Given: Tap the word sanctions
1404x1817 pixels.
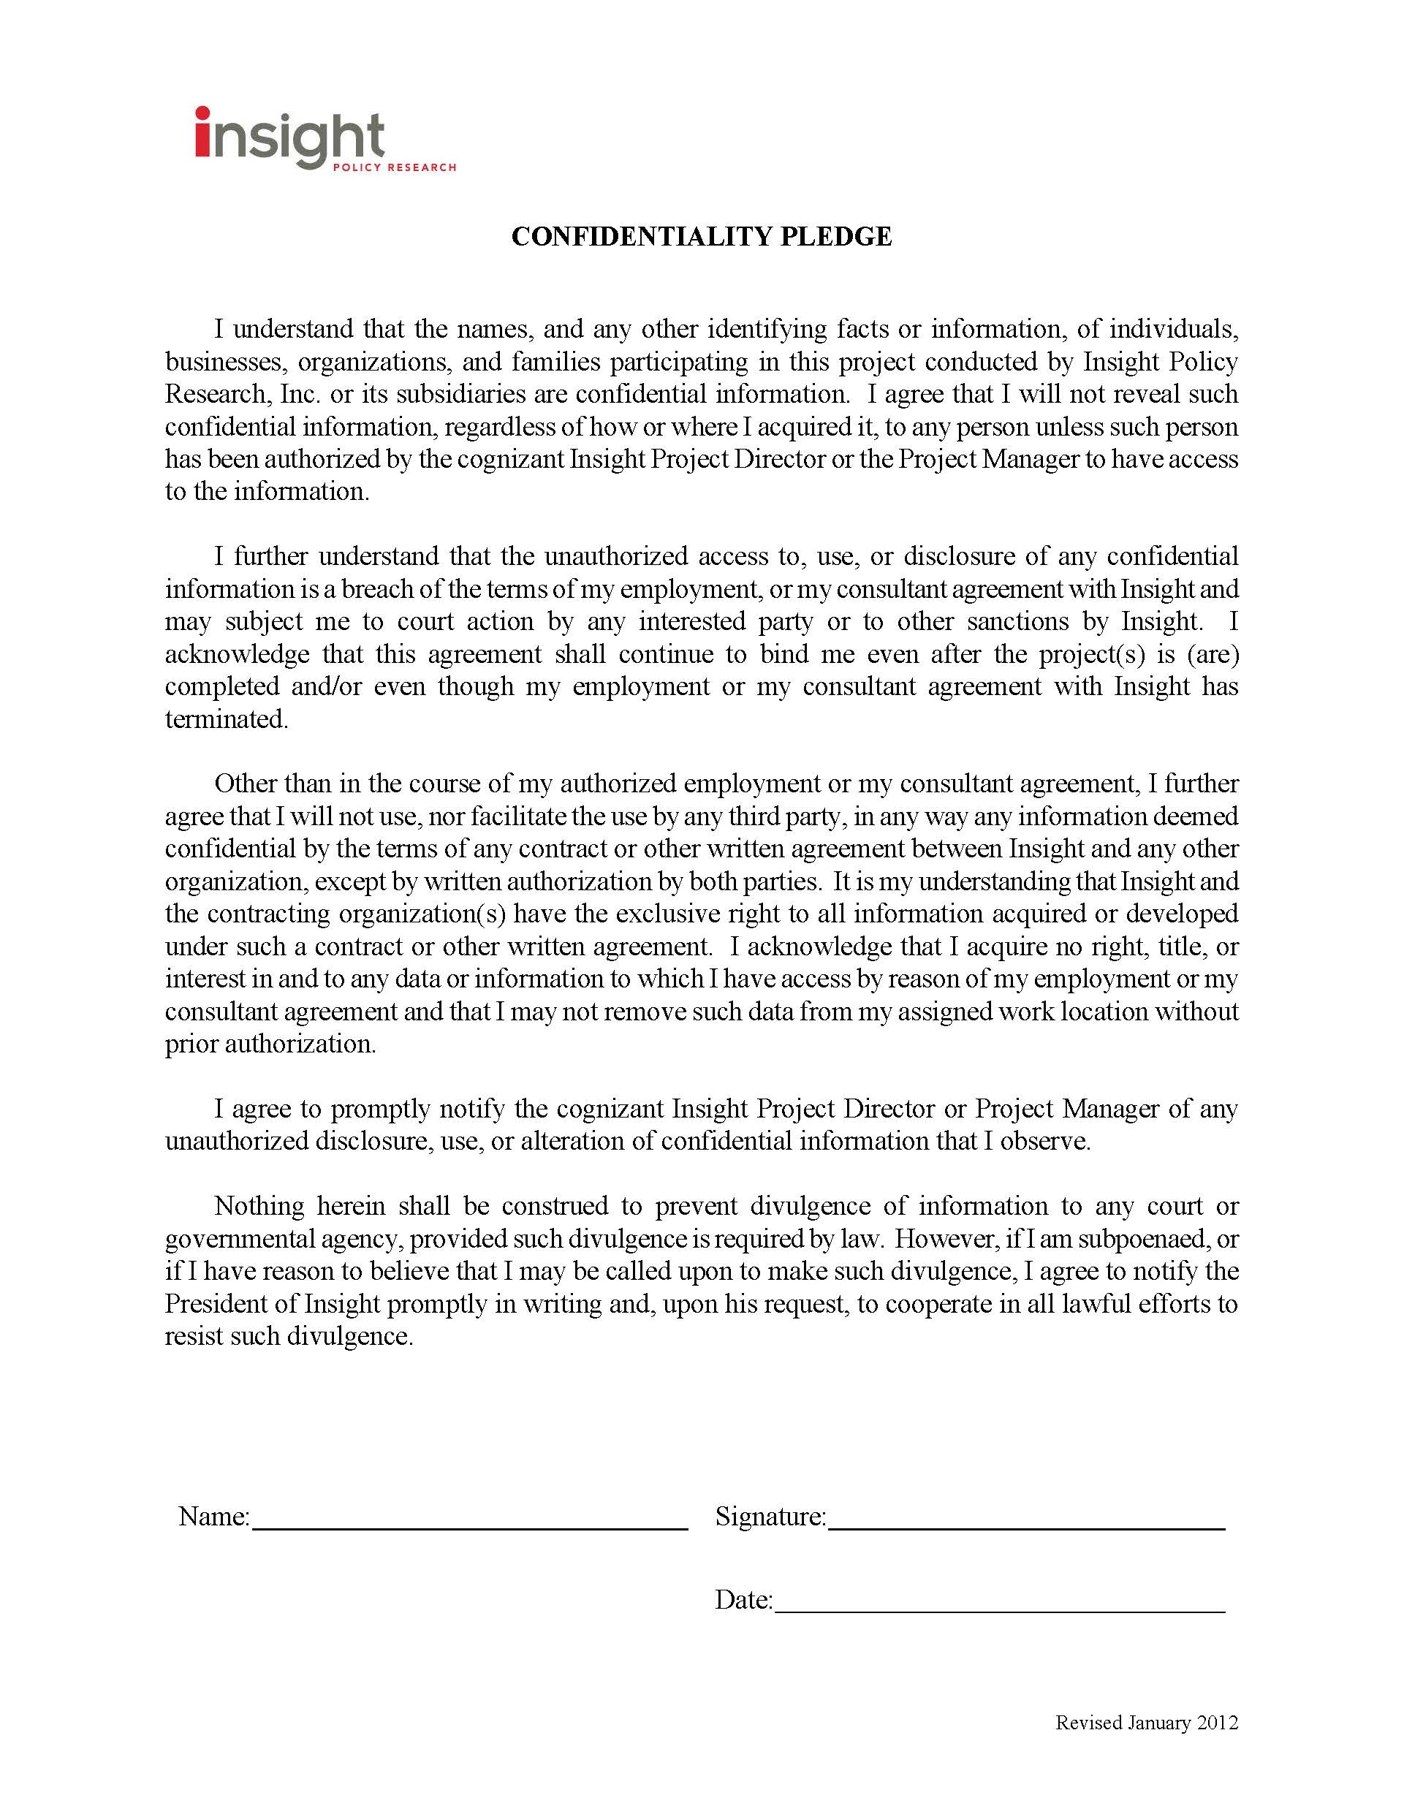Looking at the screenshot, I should (1012, 621).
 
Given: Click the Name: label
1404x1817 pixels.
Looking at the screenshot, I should (213, 1516).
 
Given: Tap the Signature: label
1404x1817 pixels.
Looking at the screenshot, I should (770, 1516).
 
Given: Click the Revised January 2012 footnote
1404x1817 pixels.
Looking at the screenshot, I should (1146, 1722).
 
